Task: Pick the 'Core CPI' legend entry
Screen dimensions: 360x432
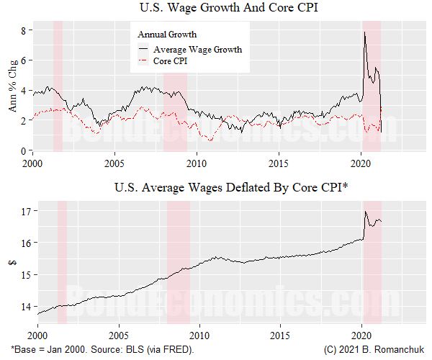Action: [x=171, y=62]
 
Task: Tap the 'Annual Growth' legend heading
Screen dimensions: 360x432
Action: [x=167, y=35]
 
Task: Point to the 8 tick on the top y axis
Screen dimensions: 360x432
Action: [x=24, y=30]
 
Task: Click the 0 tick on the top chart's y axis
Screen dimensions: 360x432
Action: [x=24, y=150]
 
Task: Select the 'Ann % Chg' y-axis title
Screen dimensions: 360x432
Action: [x=12, y=90]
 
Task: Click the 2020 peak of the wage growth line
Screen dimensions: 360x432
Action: [x=365, y=32]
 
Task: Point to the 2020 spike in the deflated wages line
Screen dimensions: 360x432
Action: [x=366, y=212]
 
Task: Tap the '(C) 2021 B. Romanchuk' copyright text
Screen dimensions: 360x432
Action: [x=373, y=350]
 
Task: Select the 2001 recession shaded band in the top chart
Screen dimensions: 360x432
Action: [x=58, y=86]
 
